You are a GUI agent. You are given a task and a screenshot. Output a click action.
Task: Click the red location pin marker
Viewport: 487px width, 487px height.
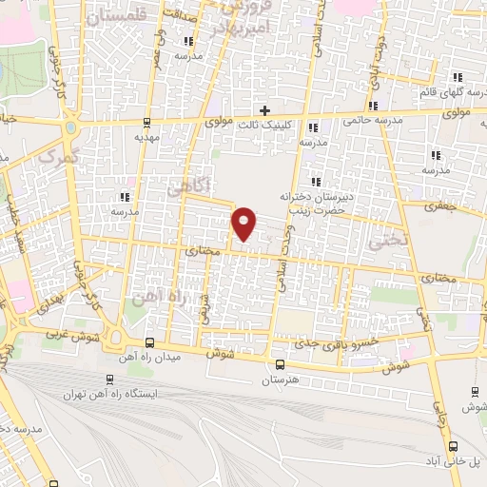pyautogui.click(x=244, y=224)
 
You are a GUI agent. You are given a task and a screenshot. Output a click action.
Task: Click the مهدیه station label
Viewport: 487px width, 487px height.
pyautogui.click(x=145, y=137)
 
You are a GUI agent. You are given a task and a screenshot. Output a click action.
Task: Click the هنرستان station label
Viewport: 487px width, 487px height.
pyautogui.click(x=280, y=380)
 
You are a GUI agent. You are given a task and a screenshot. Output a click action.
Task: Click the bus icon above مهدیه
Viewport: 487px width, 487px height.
pyautogui.click(x=146, y=122)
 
